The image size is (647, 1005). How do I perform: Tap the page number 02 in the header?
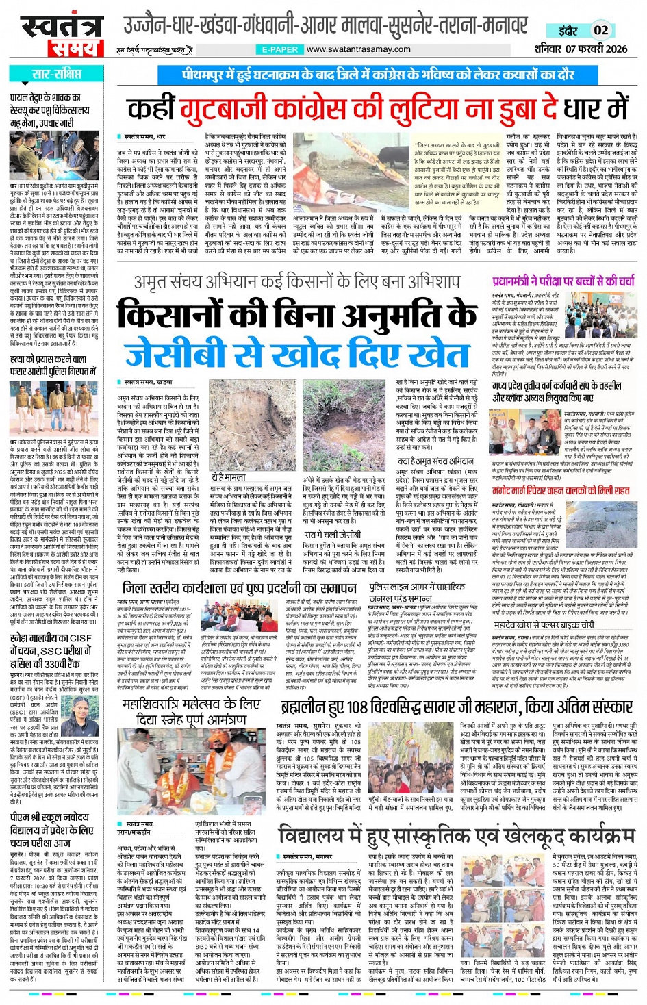pyautogui.click(x=600, y=30)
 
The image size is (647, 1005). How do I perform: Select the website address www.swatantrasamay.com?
pyautogui.click(x=358, y=49)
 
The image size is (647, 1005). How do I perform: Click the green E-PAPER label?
pyautogui.click(x=280, y=49)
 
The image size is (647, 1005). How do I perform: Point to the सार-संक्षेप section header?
pyautogui.click(x=57, y=75)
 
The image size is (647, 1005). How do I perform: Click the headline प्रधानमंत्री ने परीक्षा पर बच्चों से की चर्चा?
pyautogui.click(x=563, y=281)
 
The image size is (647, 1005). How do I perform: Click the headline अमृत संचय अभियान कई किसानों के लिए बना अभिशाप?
pyautogui.click(x=297, y=282)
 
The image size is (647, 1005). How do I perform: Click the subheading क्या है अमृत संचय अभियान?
pyautogui.click(x=435, y=461)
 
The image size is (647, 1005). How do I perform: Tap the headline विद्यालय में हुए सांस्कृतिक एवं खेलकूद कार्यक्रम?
pyautogui.click(x=457, y=836)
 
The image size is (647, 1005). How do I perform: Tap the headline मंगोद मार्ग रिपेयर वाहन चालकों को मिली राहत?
pyautogui.click(x=561, y=490)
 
